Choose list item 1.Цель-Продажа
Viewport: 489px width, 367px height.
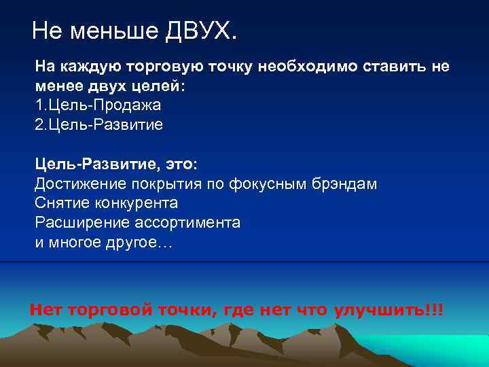(x=98, y=106)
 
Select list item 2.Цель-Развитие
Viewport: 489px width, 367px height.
(x=99, y=125)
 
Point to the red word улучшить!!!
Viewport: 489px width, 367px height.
(x=389, y=310)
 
